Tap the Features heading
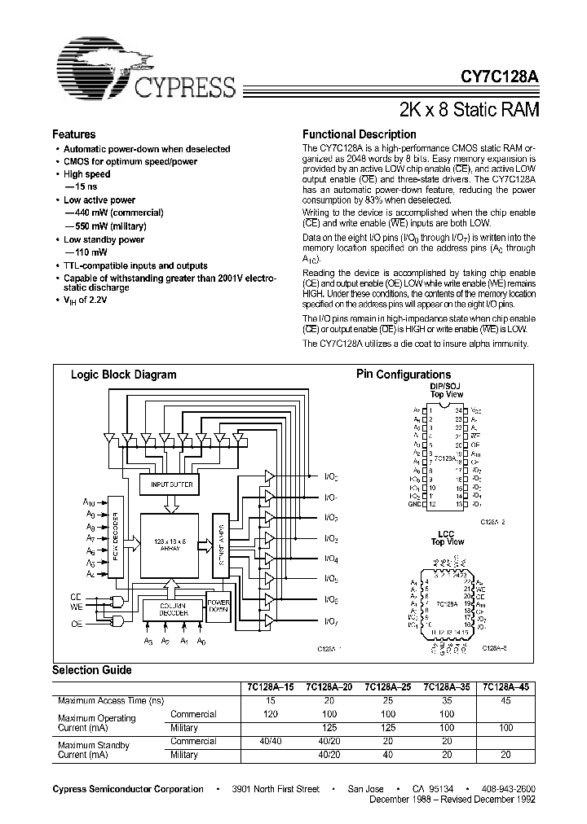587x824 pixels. pyautogui.click(x=73, y=134)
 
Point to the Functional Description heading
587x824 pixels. pyautogui.click(x=359, y=134)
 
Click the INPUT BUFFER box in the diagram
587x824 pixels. pyautogui.click(x=169, y=484)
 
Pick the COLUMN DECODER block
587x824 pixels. pyautogui.click(x=171, y=611)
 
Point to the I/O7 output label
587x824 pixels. pyautogui.click(x=332, y=621)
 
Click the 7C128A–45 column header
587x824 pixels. pyautogui.click(x=505, y=686)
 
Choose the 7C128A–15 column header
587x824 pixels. pyautogui.click(x=270, y=686)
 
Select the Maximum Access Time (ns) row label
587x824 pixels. pyautogui.click(x=111, y=700)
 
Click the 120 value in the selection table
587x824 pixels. pyautogui.click(x=270, y=714)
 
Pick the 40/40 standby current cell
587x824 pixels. pyautogui.click(x=270, y=741)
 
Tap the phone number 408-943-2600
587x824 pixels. pyautogui.click(x=507, y=789)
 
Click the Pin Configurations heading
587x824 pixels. pyautogui.click(x=404, y=375)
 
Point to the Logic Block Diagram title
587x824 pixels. pyautogui.click(x=124, y=375)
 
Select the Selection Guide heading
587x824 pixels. pyautogui.click(x=91, y=669)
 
